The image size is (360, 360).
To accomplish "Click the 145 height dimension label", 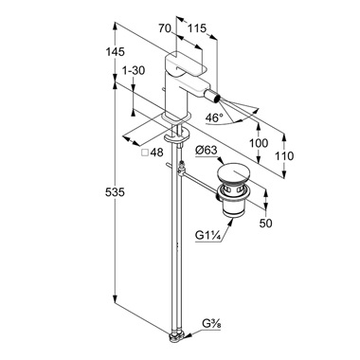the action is pyautogui.click(x=116, y=51).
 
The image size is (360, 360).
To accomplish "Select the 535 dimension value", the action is pyautogui.click(x=115, y=192).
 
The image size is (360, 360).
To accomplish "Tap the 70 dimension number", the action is pyautogui.click(x=165, y=28).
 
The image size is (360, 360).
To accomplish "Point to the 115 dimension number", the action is pyautogui.click(x=197, y=28).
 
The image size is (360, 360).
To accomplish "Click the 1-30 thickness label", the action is pyautogui.click(x=134, y=70).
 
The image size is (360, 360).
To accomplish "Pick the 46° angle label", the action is pyautogui.click(x=214, y=117).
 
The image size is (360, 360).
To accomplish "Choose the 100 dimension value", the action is pyautogui.click(x=259, y=143).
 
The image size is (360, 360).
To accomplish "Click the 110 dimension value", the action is pyautogui.click(x=284, y=155).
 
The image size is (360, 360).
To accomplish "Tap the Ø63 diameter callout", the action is pyautogui.click(x=207, y=150).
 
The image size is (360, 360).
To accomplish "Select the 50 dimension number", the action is pyautogui.click(x=265, y=224).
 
